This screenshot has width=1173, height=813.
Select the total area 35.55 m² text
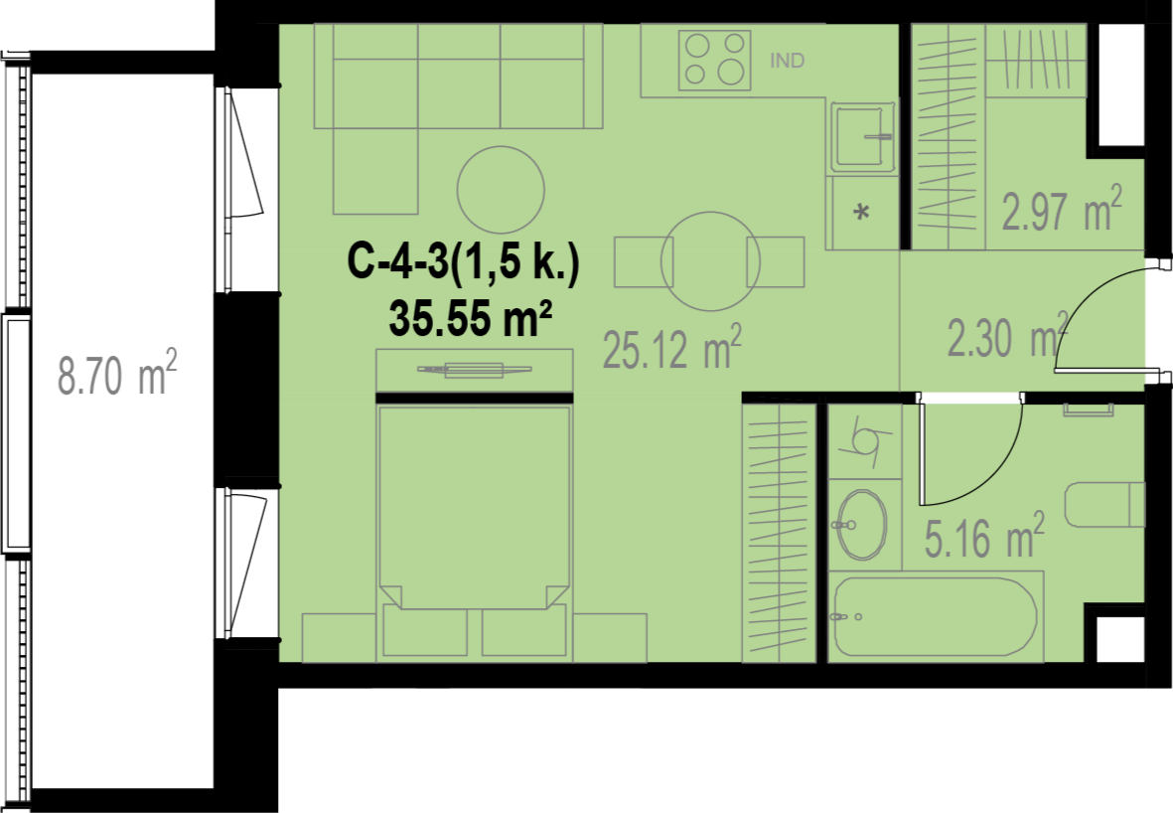coord(471,319)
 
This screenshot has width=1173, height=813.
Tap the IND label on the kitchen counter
coord(787,61)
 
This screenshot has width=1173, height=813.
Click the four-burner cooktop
coord(714,60)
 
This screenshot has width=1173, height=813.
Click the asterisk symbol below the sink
coord(862,212)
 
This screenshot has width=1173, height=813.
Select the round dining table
coord(710,261)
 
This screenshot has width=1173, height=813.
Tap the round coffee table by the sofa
coord(501,190)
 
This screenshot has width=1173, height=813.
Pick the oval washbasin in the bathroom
coord(862,525)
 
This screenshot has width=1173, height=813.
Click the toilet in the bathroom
coord(1104,505)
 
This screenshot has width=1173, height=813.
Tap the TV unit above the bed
coord(475,370)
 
